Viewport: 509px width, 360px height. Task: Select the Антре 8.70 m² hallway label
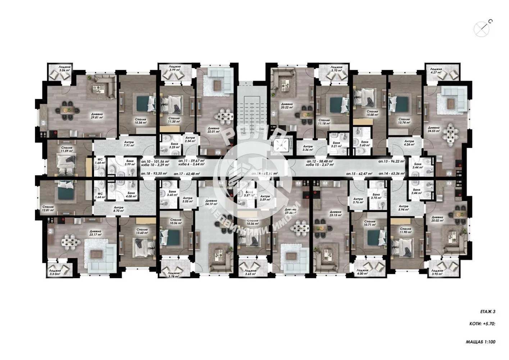coord(119,209)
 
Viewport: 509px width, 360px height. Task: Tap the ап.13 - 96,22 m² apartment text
coord(391,162)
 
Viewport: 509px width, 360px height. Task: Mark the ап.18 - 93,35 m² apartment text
coord(154,174)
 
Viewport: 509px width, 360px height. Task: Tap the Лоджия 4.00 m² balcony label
coord(363,273)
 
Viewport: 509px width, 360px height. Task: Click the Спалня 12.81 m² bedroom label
coord(48,209)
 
